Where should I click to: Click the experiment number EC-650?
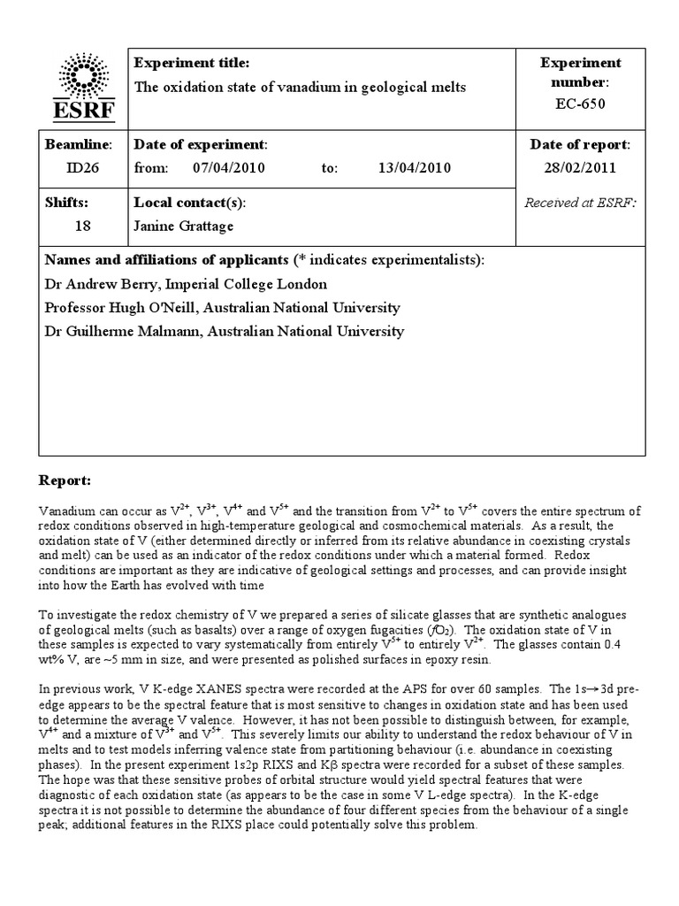click(x=581, y=104)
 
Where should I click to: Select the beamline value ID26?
click(x=76, y=167)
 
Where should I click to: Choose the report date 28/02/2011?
click(x=581, y=167)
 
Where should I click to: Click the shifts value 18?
click(x=83, y=226)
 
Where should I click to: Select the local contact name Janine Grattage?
click(x=183, y=226)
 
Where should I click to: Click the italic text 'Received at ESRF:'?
click(x=581, y=203)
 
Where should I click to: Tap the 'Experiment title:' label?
click(x=192, y=63)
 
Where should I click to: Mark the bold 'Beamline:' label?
click(x=78, y=144)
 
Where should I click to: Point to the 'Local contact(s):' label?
click(x=189, y=203)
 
